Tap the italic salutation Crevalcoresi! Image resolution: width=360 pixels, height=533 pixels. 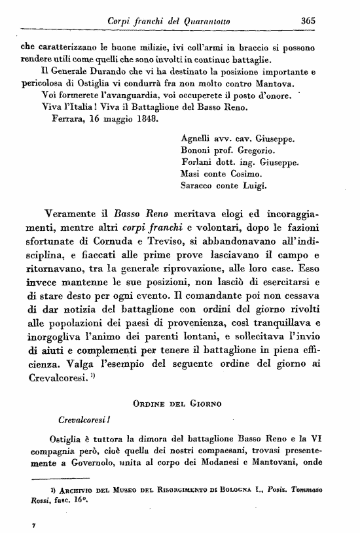click(84, 417)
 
